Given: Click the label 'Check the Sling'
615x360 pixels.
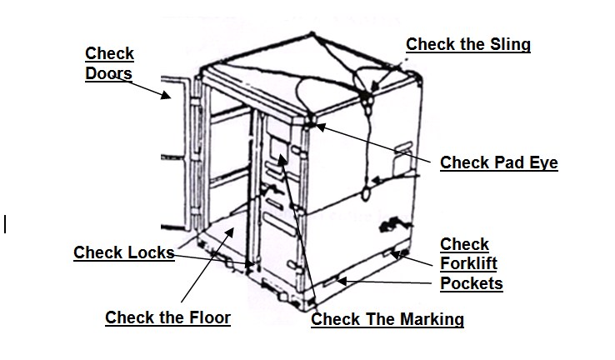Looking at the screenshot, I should click(467, 44).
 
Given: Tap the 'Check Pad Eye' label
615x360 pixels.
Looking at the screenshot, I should click(498, 162).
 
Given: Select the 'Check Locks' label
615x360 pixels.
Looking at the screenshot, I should click(123, 252).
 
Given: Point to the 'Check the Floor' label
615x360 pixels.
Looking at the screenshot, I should click(167, 317).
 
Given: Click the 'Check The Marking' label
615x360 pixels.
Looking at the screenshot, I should click(387, 319).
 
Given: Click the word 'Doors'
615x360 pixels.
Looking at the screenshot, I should click(109, 73).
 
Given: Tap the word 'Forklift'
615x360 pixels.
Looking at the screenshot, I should click(468, 264).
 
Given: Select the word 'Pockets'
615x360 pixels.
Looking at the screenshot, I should click(471, 283).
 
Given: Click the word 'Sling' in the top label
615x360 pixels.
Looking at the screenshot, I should click(510, 44).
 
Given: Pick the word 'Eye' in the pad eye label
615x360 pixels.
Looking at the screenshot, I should click(542, 162).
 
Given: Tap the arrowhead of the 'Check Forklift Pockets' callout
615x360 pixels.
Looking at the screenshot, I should click(396, 252).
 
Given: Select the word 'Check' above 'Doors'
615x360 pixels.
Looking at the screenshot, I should click(109, 54).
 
